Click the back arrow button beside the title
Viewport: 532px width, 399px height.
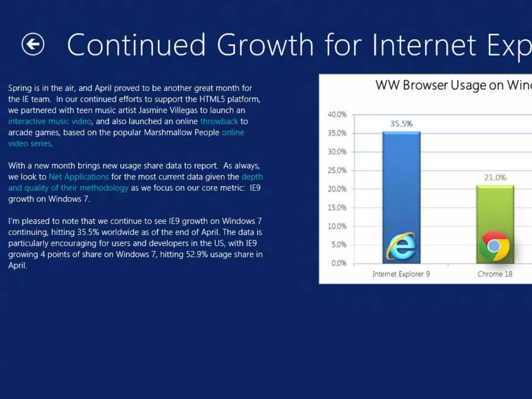point(33,44)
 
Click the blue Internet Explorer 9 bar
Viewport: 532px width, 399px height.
point(401,182)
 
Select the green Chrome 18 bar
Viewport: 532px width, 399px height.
point(495,208)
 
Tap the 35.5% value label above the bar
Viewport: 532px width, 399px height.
point(401,124)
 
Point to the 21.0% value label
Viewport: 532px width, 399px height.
point(495,177)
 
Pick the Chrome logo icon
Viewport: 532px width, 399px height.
point(494,246)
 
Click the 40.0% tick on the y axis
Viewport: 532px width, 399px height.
point(337,114)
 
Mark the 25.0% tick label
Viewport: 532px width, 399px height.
point(337,170)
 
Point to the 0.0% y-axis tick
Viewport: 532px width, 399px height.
point(339,263)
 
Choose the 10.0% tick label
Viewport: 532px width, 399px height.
point(337,226)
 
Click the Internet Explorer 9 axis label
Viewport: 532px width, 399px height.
point(401,274)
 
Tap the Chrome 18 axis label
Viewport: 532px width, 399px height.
point(495,274)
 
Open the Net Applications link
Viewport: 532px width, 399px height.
point(79,177)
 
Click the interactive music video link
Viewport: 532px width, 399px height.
point(50,121)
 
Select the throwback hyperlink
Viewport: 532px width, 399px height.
point(219,121)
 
